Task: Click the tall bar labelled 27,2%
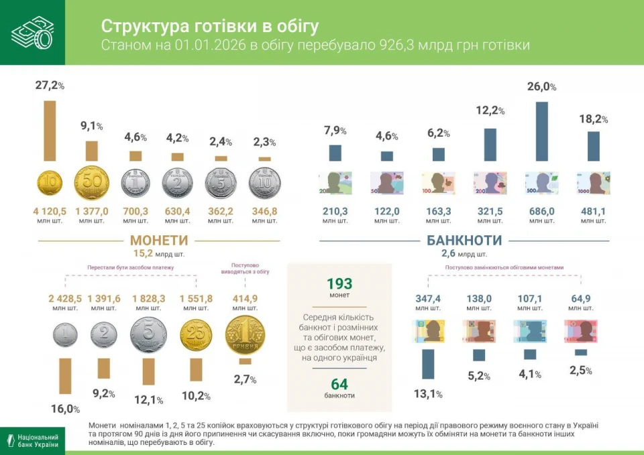tap(49, 131)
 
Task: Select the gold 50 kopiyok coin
tap(91, 182)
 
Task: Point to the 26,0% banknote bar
tap(542, 131)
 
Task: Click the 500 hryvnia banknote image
tap(542, 183)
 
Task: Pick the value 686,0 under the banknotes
tap(542, 211)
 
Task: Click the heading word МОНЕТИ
tap(158, 241)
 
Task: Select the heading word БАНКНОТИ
tap(464, 241)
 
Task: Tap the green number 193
tap(339, 284)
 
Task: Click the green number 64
tap(339, 384)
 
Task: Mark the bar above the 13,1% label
tap(427, 364)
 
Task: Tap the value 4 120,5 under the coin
tap(50, 211)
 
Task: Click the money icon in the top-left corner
tap(32, 32)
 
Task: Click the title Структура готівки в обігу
tap(209, 26)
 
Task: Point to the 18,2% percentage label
tap(594, 119)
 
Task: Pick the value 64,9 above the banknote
tap(580, 298)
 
